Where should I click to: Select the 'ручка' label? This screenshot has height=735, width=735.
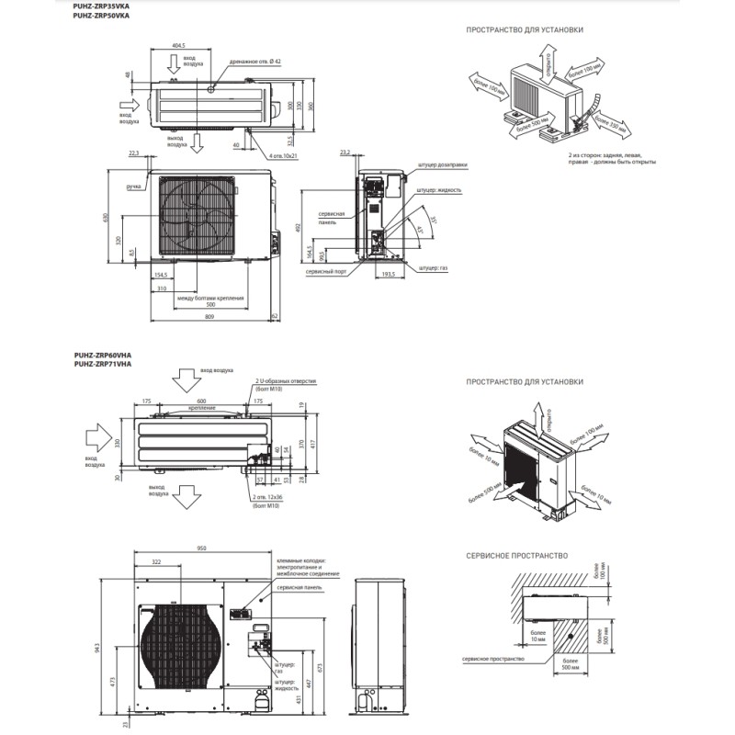(x=134, y=187)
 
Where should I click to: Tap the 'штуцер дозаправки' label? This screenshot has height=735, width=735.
(x=442, y=165)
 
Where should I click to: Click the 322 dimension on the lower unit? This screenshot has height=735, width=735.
(x=156, y=561)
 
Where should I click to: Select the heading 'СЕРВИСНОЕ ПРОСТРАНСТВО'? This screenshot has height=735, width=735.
(x=515, y=556)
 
